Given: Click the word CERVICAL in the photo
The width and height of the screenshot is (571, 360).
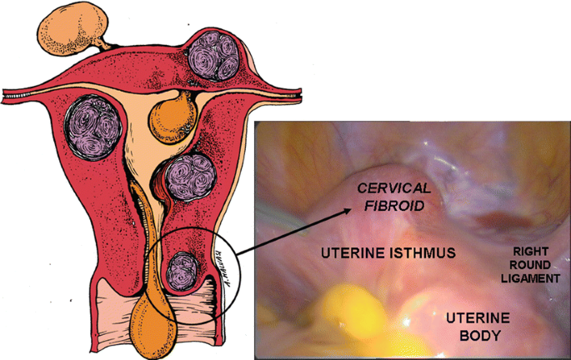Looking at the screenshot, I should click(388, 190).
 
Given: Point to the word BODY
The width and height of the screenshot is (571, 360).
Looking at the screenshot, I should click(473, 336).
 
